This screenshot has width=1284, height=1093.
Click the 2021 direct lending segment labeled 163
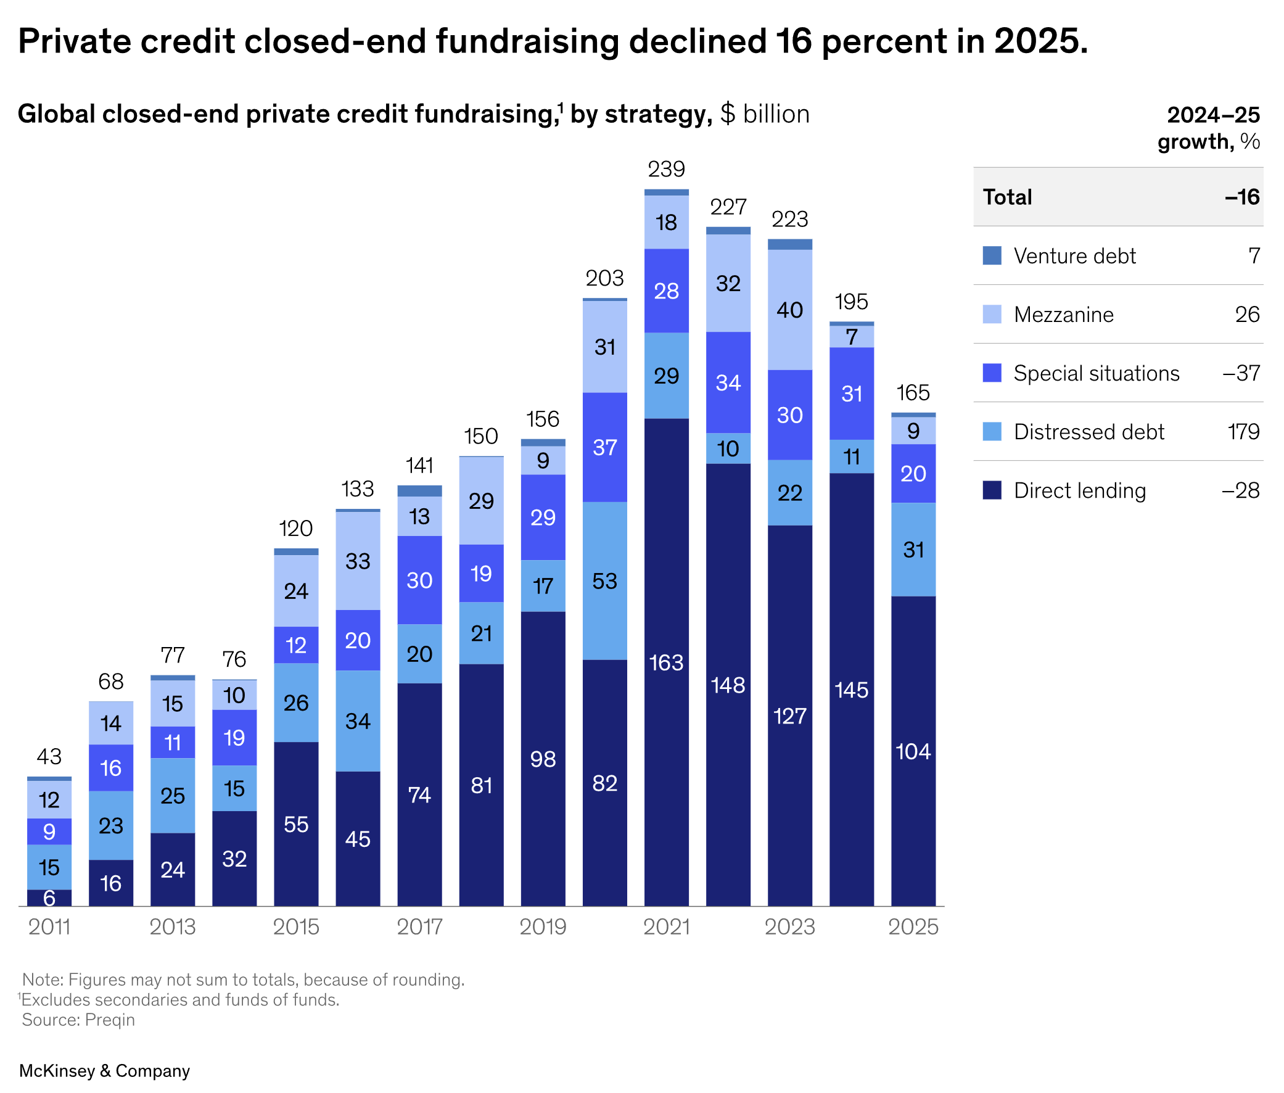pos(666,662)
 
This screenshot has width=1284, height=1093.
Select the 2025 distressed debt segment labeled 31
pos(913,549)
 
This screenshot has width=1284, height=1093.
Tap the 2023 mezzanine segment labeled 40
pos(790,309)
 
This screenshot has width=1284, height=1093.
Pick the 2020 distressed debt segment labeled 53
pos(604,580)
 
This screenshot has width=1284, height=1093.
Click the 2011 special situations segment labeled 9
pos(49,831)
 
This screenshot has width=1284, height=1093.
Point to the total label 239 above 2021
pos(667,168)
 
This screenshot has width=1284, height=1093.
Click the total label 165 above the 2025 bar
pos(913,392)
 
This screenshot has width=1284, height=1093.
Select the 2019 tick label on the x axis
pos(543,926)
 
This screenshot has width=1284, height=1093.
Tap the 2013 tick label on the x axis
pos(173,926)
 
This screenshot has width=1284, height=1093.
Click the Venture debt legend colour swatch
pos(992,255)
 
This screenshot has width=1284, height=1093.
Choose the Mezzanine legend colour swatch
pos(992,314)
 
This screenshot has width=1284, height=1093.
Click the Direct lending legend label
pos(1080,490)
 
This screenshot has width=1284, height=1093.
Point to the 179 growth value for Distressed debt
pos(1243,431)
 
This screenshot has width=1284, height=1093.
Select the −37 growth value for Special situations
pos(1241,373)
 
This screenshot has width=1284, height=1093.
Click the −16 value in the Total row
pos(1242,197)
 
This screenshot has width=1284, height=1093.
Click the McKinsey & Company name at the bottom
pos(105,1071)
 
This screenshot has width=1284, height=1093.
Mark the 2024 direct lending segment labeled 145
pos(852,690)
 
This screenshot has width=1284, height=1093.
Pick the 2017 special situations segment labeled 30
pos(419,580)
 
